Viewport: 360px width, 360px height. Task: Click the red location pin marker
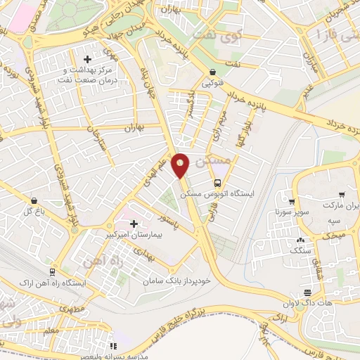181,165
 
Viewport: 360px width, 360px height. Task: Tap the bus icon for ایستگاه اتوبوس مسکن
217,181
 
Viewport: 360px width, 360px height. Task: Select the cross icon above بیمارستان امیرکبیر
134,223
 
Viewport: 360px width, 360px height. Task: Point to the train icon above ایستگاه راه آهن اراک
52,271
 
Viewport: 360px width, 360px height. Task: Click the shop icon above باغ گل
34,200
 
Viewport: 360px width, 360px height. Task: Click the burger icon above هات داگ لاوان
307,292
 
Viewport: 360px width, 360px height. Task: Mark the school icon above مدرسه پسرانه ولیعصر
114,345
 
